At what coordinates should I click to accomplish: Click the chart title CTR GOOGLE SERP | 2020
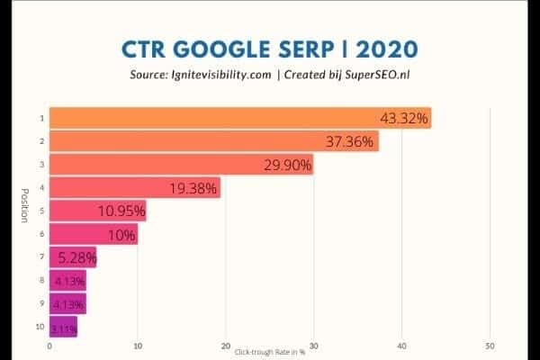(x=269, y=47)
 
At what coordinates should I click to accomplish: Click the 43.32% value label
(x=404, y=118)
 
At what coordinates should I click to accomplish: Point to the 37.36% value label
(x=352, y=141)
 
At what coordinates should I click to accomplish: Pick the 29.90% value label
(x=287, y=165)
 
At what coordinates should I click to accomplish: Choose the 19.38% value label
(x=194, y=188)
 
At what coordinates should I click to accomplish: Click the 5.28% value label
(x=76, y=259)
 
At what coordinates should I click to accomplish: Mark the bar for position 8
(x=67, y=282)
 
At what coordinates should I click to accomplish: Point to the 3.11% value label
(x=63, y=329)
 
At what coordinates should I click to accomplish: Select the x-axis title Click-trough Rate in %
(x=269, y=352)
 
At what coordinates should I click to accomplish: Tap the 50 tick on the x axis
(x=489, y=345)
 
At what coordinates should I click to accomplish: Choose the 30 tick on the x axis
(x=313, y=345)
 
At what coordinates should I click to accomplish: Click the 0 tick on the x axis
(x=49, y=345)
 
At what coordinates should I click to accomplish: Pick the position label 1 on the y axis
(x=40, y=118)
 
